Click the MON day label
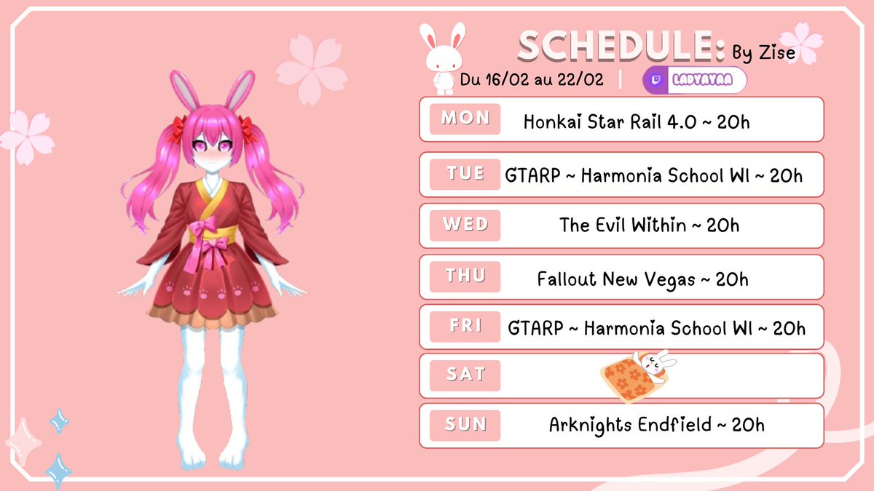465,119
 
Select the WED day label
465,225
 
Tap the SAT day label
465,375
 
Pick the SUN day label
465,424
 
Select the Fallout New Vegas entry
616,279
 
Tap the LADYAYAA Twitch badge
696,81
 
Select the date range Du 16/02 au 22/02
532,80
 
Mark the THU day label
465,276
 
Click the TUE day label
465,175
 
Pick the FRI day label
465,326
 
